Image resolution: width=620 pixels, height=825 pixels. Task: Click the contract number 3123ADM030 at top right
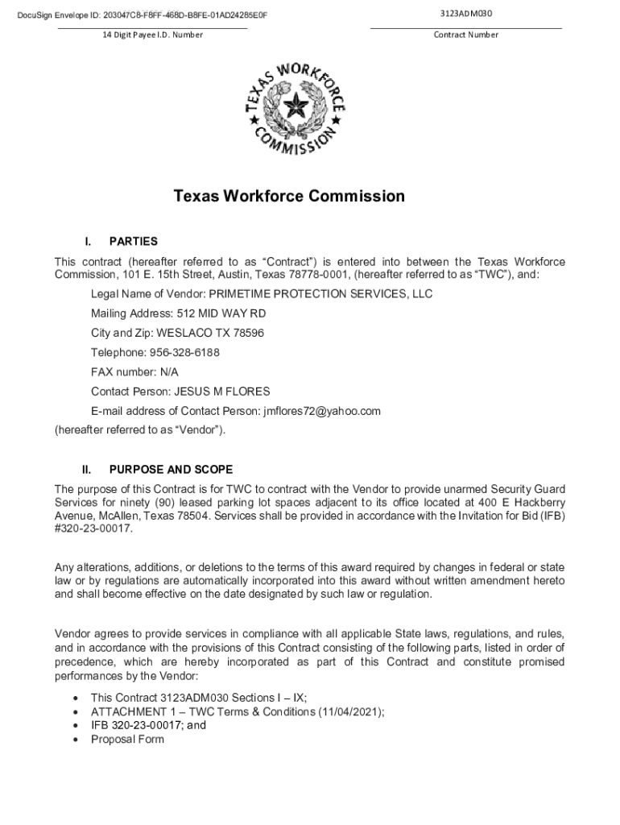[x=466, y=14]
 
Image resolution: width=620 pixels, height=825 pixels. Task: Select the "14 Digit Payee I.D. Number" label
[x=152, y=35]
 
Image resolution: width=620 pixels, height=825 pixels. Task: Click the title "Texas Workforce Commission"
[x=290, y=197]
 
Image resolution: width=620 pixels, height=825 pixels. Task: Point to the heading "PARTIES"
[x=134, y=241]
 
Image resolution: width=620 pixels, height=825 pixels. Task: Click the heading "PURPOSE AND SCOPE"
[x=171, y=469]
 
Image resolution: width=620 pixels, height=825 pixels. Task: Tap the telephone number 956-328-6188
[x=188, y=352]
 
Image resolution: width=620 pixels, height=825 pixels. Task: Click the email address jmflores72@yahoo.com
[x=321, y=411]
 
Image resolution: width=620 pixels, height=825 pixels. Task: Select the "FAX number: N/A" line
[x=134, y=372]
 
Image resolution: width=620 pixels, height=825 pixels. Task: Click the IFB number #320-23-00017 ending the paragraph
[x=93, y=529]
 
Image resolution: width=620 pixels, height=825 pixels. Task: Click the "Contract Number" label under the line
[x=465, y=35]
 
